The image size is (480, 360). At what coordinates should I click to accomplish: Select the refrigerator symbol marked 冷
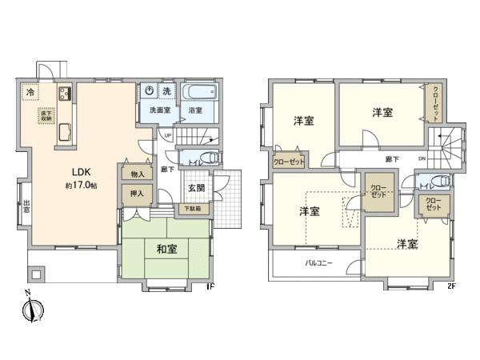click(x=29, y=92)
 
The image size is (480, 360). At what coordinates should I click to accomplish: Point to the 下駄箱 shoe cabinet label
click(x=192, y=209)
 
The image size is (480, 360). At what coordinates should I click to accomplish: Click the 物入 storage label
click(x=137, y=174)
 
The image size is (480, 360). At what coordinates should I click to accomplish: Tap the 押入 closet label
click(x=137, y=194)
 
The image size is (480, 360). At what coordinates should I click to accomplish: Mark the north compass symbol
click(x=30, y=308)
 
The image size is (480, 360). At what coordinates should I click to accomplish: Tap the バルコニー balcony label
click(x=318, y=262)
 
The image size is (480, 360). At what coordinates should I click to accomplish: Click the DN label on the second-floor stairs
click(x=422, y=159)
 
